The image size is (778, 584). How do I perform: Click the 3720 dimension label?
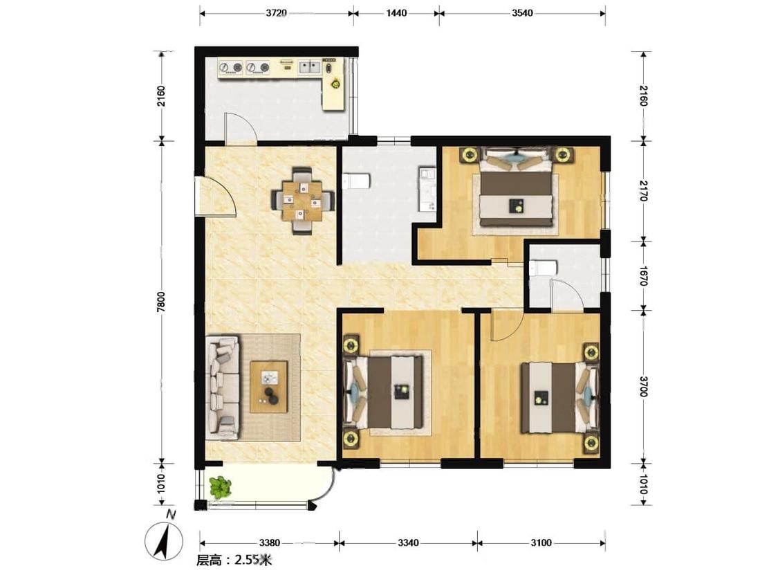coord(276,13)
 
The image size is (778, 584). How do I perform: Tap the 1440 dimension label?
coord(396,13)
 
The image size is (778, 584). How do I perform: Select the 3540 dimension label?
coord(522,13)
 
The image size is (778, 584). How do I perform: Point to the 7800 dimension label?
coord(160,302)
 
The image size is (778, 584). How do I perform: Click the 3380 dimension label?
coord(270,542)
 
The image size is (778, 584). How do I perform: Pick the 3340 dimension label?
coord(408,542)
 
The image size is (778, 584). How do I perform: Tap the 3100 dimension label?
coord(541,542)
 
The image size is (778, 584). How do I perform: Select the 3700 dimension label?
coord(644,386)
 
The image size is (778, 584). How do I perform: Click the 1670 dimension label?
coord(644,276)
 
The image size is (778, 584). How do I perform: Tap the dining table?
coord(302,201)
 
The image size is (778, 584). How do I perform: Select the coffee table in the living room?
coord(269,387)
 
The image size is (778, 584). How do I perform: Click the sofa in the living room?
coord(223,387)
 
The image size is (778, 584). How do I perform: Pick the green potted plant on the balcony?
coord(221,487)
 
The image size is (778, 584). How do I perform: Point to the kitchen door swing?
coord(240,127)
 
